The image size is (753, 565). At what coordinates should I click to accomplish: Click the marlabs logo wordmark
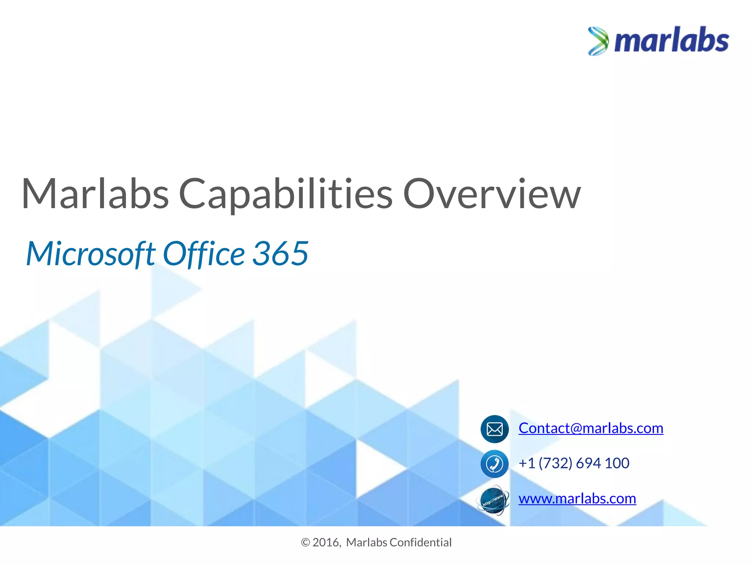pos(671,41)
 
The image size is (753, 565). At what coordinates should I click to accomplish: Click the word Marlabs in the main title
pos(95,194)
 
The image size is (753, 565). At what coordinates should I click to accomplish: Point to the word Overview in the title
pos(492,194)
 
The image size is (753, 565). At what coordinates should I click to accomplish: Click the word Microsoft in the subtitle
pos(90,253)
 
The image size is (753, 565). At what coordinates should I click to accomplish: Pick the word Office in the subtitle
pos(204,253)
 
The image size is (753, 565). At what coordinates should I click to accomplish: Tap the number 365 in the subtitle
pos(280,253)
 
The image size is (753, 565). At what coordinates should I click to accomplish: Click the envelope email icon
pos(495,429)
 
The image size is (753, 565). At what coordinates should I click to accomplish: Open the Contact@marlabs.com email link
pos(590,428)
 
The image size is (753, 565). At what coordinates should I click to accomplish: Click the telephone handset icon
pos(495,463)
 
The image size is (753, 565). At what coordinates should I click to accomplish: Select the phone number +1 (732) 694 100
pos(574,463)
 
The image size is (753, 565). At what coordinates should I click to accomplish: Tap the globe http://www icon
pos(493,500)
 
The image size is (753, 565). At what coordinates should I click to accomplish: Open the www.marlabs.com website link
pos(577,499)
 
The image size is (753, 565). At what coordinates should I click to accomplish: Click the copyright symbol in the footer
pos(305,543)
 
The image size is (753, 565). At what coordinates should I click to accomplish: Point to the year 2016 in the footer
pos(326,543)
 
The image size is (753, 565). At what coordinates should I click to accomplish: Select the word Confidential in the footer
pos(420,543)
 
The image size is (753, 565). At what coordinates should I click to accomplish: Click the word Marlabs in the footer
pos(367,543)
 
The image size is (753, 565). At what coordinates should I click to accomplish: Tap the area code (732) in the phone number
pos(556,463)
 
